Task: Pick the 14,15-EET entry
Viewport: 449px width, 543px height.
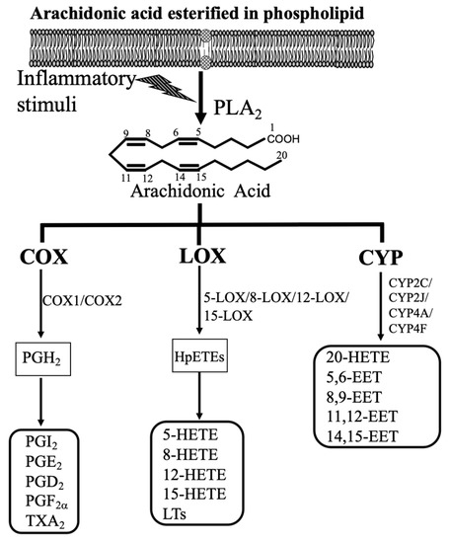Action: coord(359,435)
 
